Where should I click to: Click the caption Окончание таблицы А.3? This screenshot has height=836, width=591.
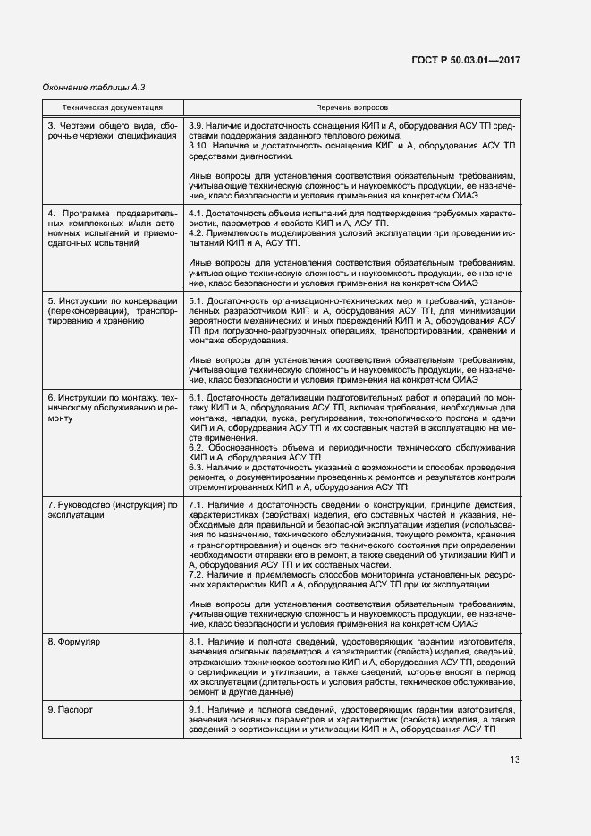tap(93, 88)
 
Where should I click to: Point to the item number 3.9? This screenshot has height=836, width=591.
tap(198, 125)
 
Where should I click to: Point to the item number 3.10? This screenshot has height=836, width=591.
tap(200, 145)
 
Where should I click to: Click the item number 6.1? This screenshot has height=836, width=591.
tap(198, 397)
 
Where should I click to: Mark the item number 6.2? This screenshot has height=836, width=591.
tap(198, 446)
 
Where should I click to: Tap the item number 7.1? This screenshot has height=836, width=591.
tap(198, 507)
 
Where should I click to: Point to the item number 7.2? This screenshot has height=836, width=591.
tap(198, 575)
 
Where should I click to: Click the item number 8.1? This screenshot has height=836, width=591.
tap(198, 643)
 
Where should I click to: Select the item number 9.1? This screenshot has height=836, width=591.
tap(198, 710)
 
